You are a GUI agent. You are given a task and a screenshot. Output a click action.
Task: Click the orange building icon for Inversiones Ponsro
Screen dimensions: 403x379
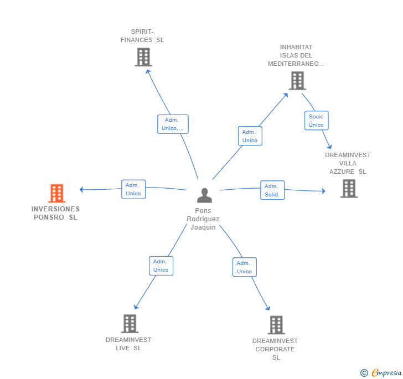pyautogui.click(x=57, y=193)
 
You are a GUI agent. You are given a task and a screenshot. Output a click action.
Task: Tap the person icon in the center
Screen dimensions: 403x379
pyautogui.click(x=205, y=195)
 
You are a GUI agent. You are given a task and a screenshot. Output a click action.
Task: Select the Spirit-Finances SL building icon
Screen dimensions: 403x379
pyautogui.click(x=143, y=57)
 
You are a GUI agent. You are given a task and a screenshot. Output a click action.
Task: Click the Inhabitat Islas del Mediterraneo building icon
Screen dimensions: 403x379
pyautogui.click(x=297, y=81)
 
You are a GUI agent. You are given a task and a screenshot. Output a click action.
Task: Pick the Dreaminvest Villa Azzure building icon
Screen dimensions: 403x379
pyautogui.click(x=349, y=189)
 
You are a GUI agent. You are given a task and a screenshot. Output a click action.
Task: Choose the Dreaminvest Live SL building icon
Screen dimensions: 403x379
pyautogui.click(x=130, y=324)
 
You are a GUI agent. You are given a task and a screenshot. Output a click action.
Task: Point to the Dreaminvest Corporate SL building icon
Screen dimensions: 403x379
pyautogui.click(x=276, y=325)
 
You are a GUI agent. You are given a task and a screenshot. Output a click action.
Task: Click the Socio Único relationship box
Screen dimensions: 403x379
pyautogui.click(x=317, y=121)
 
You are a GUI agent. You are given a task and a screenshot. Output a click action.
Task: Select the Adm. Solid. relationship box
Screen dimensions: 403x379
pyautogui.click(x=272, y=190)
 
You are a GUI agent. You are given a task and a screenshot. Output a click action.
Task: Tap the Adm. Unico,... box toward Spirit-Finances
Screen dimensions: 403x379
pyautogui.click(x=173, y=124)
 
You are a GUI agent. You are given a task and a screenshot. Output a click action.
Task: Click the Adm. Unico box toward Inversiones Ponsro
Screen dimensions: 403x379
pyautogui.click(x=133, y=189)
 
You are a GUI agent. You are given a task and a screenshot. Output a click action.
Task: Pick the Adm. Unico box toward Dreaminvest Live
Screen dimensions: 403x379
pyautogui.click(x=161, y=266)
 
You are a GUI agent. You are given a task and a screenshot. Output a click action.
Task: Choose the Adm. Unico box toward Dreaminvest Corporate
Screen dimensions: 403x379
pyautogui.click(x=245, y=267)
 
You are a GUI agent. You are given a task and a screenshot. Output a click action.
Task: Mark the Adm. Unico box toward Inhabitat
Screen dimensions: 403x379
pyautogui.click(x=250, y=136)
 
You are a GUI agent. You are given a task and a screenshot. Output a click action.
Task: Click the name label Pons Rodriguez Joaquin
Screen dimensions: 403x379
pyautogui.click(x=203, y=219)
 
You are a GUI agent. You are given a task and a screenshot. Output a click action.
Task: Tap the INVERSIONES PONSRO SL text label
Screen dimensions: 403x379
pyautogui.click(x=55, y=213)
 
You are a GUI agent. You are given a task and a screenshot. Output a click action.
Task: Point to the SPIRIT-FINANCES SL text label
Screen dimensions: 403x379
pyautogui.click(x=142, y=36)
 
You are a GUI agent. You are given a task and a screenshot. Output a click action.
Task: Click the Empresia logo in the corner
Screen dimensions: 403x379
pyautogui.click(x=381, y=372)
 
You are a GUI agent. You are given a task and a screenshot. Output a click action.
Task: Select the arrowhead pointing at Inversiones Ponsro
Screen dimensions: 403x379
pyautogui.click(x=81, y=190)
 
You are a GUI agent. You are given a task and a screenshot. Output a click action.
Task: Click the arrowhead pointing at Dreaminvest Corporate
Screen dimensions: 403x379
pyautogui.click(x=268, y=308)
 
